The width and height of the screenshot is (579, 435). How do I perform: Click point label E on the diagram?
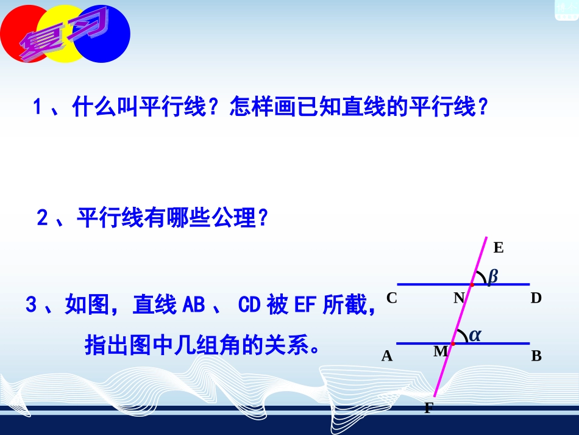(499, 248)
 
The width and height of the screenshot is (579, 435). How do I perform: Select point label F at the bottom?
(428, 408)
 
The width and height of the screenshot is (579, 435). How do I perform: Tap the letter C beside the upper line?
(392, 298)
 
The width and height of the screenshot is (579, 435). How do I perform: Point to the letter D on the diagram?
(536, 298)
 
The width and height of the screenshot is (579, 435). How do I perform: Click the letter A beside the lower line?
(387, 356)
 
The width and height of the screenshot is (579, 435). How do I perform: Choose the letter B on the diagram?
(536, 356)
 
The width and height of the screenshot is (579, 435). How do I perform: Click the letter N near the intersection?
(459, 298)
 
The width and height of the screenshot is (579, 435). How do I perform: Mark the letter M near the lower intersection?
(440, 352)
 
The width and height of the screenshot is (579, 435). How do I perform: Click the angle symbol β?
(492, 277)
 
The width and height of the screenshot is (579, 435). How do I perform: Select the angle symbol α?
(475, 335)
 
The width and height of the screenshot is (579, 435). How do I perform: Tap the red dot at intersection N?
(472, 284)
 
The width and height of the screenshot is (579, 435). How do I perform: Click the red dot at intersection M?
(453, 343)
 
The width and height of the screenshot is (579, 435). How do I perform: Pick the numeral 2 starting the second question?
(43, 218)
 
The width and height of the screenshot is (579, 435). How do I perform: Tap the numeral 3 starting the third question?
(32, 304)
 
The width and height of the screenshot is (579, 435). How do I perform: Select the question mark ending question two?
(263, 218)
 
